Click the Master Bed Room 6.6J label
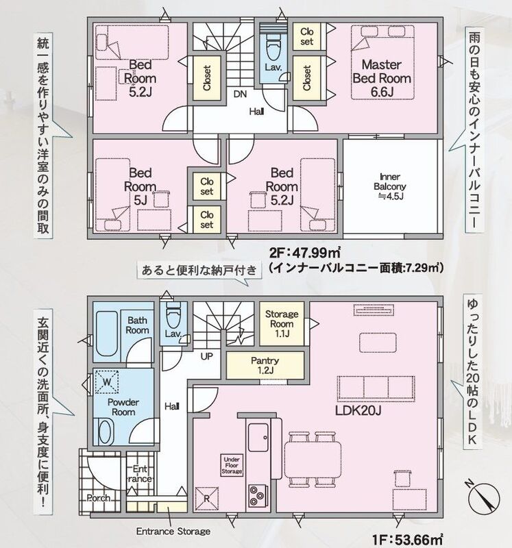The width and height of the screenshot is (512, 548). [382, 78]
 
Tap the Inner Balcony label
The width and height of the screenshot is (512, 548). [390, 186]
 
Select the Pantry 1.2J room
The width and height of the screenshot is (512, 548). [265, 366]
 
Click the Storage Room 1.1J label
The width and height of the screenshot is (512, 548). [282, 323]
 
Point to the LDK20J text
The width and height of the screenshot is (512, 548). [358, 410]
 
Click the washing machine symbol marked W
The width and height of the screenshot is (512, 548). [107, 382]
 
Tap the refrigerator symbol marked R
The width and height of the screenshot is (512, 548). [206, 499]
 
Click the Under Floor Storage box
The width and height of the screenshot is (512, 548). [232, 466]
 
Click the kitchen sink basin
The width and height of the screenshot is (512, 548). [258, 437]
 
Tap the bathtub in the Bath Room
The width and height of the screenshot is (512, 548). [106, 334]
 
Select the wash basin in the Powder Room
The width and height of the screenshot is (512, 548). [106, 432]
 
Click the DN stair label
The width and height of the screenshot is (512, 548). [240, 94]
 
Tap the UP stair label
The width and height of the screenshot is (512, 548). [207, 356]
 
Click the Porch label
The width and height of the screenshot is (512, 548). [99, 498]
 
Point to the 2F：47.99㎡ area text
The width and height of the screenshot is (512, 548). [304, 252]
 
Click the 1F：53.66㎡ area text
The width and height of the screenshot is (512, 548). [408, 540]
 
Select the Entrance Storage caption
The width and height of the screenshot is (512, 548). [173, 532]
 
